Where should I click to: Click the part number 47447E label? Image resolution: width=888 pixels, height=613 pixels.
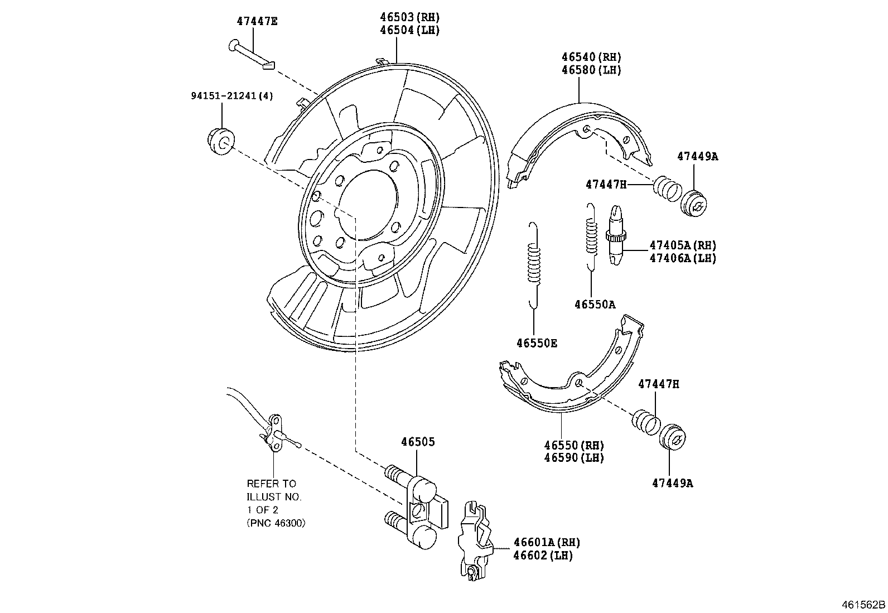pyautogui.click(x=257, y=22)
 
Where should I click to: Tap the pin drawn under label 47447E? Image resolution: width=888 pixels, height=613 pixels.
pyautogui.click(x=251, y=55)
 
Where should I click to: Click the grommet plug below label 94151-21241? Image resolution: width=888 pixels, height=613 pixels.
pyautogui.click(x=221, y=141)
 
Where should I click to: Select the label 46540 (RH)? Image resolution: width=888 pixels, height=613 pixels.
pyautogui.click(x=591, y=57)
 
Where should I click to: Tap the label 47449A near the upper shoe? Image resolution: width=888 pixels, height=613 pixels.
pyautogui.click(x=697, y=157)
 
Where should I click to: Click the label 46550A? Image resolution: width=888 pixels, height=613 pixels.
pyautogui.click(x=595, y=305)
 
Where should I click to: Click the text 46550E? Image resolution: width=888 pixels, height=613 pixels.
pyautogui.click(x=536, y=344)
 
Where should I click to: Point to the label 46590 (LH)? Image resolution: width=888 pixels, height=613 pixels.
pyautogui.click(x=574, y=458)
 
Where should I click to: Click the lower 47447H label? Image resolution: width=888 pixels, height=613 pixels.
pyautogui.click(x=659, y=384)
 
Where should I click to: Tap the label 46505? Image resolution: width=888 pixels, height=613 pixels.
pyautogui.click(x=418, y=442)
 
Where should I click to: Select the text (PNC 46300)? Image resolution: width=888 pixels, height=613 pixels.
pyautogui.click(x=276, y=523)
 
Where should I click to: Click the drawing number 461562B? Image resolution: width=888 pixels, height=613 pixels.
pyautogui.click(x=863, y=605)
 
